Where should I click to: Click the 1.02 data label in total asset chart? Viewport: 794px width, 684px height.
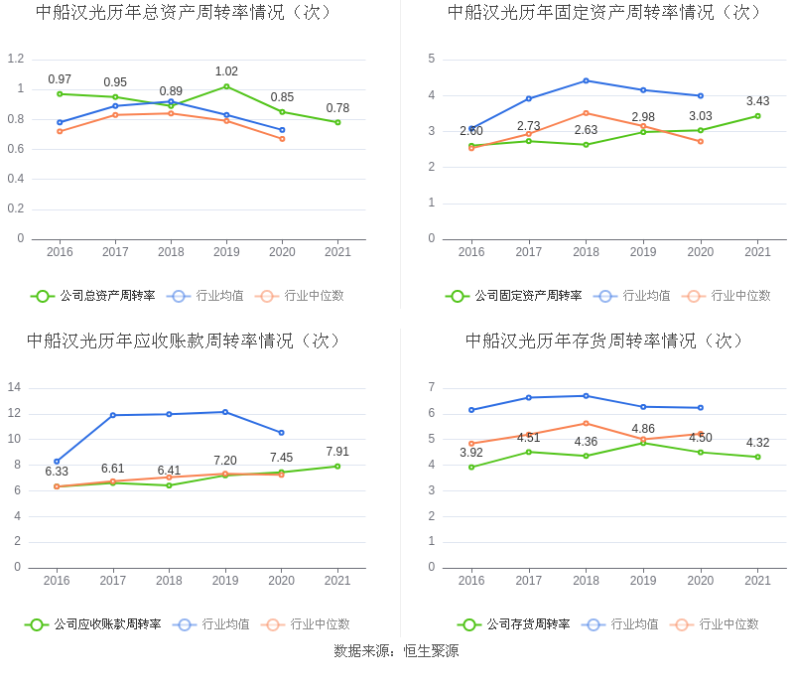226,71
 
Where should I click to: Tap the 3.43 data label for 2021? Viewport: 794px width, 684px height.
757,101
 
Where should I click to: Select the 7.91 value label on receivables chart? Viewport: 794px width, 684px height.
337,452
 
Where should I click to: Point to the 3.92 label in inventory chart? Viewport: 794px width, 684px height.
470,453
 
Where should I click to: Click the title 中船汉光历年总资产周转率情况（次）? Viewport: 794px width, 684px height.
184,13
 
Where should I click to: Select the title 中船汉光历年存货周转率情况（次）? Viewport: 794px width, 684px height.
604,341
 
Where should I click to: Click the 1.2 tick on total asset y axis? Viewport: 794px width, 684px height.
15,59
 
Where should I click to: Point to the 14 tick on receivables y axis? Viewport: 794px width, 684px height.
15,387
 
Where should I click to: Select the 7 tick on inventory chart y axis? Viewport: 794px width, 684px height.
431,387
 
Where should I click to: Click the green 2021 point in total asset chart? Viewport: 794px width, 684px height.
337,122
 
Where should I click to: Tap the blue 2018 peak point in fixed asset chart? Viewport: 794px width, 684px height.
586,80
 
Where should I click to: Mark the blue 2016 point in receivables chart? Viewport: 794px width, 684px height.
57,462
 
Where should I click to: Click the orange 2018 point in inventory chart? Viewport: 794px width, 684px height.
586,423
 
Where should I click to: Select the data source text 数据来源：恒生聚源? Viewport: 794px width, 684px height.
396,652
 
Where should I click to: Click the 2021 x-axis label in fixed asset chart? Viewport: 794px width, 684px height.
757,252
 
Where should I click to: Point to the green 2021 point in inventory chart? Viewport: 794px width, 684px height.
757,457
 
